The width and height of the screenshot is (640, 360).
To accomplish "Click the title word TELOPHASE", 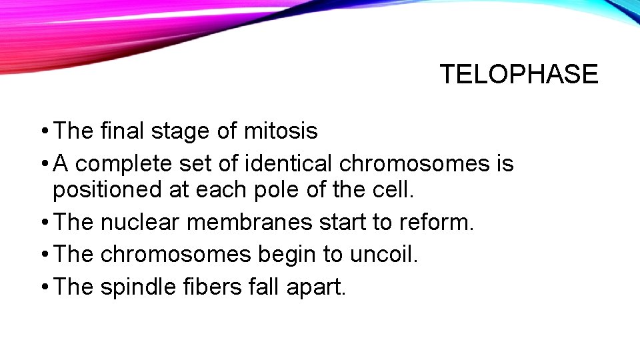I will pyautogui.click(x=519, y=74).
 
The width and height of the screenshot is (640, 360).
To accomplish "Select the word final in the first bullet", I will pyautogui.click(x=122, y=131).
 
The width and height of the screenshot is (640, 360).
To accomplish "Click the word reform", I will pyautogui.click(x=436, y=222).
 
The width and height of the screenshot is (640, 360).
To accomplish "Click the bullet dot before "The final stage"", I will pyautogui.click(x=43, y=131).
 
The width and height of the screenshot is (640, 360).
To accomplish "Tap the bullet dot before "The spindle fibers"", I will pyautogui.click(x=43, y=286).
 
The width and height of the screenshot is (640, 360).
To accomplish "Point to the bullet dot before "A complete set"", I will pyautogui.click(x=43, y=163).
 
